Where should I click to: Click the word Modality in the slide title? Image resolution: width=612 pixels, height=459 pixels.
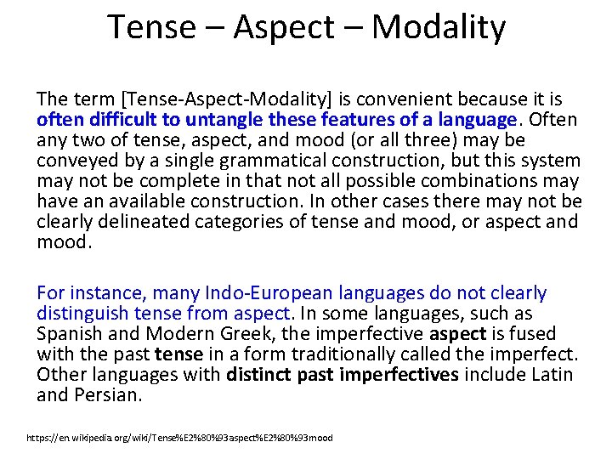tap(438, 27)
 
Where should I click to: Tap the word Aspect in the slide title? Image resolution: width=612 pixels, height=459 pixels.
tap(292, 27)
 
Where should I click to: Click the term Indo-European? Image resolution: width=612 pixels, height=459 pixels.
tap(278, 293)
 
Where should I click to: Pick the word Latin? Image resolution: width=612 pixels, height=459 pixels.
tap(553, 375)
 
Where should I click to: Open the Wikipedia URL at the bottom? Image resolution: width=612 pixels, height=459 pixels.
tap(179, 438)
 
